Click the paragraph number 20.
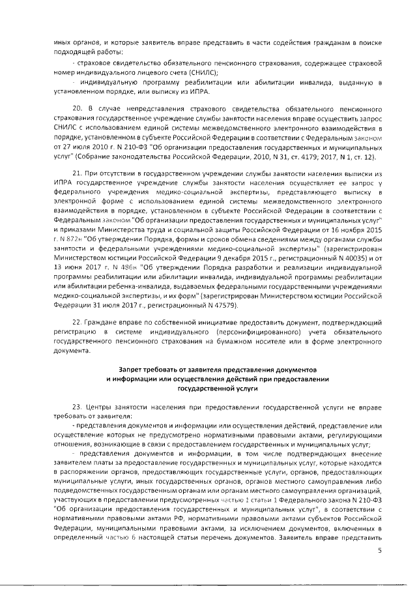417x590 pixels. coord(76,106)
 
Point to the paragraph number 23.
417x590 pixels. coord(76,406)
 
